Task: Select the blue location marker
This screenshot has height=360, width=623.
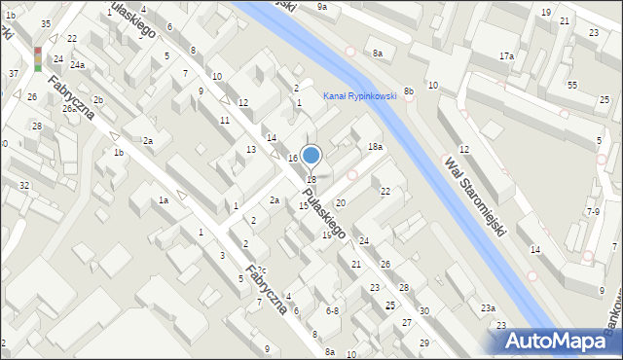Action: point(311,155)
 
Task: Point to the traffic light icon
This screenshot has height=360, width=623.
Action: point(38,58)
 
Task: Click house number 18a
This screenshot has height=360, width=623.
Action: point(375,147)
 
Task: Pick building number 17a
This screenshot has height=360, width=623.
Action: point(506,56)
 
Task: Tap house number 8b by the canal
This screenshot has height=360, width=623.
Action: point(409,91)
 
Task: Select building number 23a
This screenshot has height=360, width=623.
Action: point(488,307)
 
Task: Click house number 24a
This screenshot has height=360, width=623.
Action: point(77,65)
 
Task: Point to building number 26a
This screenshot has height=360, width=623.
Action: point(70,109)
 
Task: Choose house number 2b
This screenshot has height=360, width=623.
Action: point(97,100)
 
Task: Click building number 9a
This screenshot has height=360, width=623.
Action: point(322,7)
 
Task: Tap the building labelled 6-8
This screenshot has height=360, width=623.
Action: point(332,310)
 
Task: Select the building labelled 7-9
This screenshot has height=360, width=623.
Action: point(593,211)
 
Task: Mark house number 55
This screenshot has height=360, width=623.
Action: point(572,86)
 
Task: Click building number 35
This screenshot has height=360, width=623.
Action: point(46,23)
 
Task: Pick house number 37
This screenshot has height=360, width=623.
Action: point(14,74)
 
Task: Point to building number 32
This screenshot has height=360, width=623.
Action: point(24,185)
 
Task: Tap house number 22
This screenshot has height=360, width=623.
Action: point(385,192)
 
